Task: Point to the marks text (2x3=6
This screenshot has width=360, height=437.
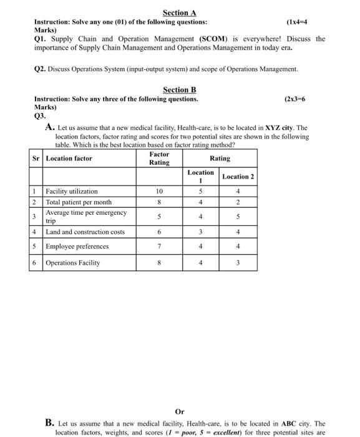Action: point(294,99)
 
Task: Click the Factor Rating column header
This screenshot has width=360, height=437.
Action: point(159,159)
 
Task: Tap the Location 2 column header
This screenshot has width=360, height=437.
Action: point(238,177)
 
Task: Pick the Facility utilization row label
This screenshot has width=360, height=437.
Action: point(72,192)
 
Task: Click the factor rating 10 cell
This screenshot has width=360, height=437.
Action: point(159,192)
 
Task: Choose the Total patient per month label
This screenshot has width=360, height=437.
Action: point(79,202)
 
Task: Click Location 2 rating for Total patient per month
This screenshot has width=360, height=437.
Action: point(238,202)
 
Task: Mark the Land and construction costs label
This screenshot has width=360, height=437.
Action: point(85,232)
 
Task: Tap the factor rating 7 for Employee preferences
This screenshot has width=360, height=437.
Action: point(159,246)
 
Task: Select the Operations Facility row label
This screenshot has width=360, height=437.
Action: point(72,263)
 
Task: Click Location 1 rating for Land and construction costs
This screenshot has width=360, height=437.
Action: point(200,232)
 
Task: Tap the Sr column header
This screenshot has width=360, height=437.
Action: point(36,159)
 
